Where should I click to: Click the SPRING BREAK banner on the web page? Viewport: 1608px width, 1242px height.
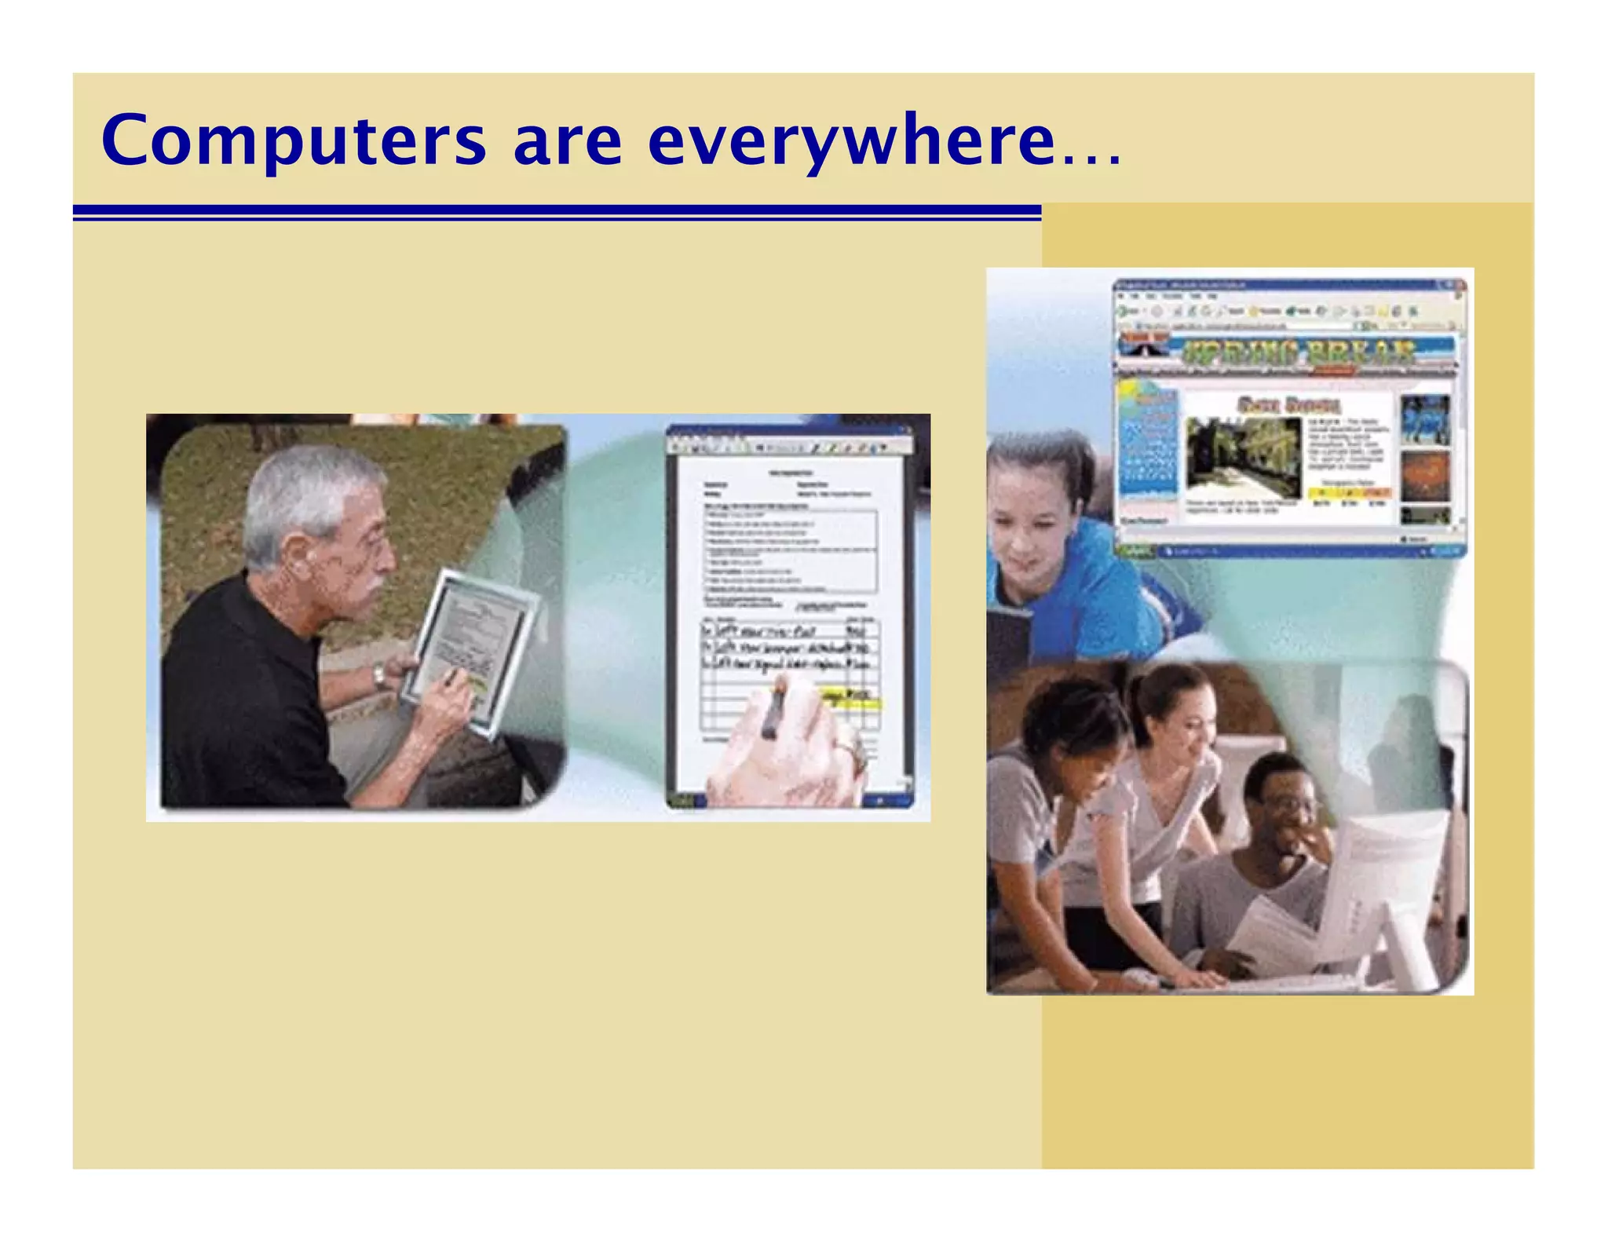(x=1299, y=351)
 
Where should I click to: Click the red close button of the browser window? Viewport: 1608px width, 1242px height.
(x=1460, y=285)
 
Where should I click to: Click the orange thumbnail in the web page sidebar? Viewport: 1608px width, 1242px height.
(x=1424, y=476)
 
